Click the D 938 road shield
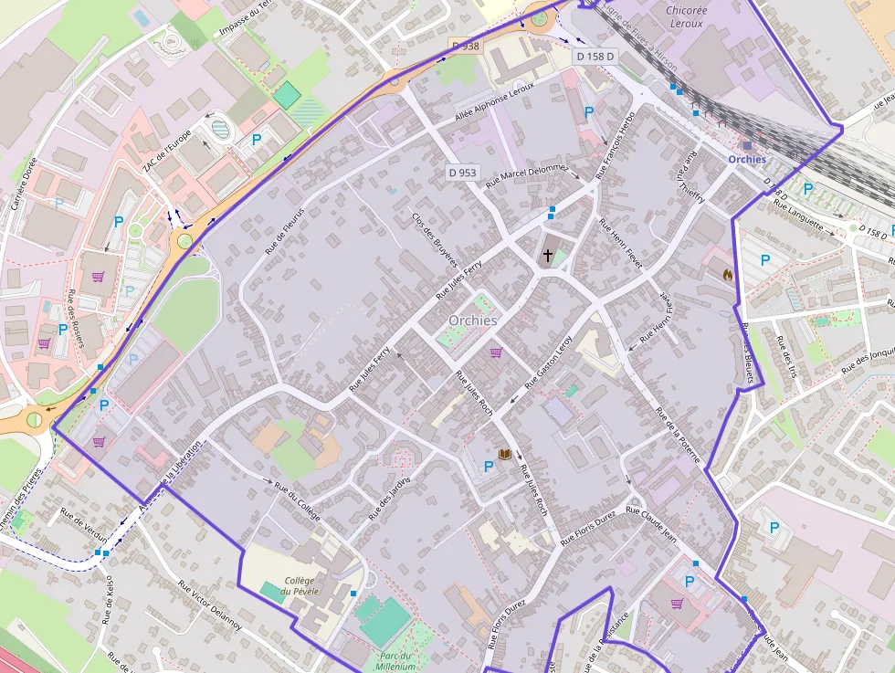tap(465, 45)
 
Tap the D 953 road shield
tap(463, 172)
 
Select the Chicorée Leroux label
tap(686, 17)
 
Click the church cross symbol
tap(548, 256)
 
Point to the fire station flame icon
tap(728, 272)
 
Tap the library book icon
tap(503, 454)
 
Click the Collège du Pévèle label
tap(300, 585)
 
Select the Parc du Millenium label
tap(395, 661)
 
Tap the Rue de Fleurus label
tap(284, 229)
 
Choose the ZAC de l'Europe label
tap(167, 151)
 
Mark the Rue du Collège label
tap(298, 500)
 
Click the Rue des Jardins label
tap(390, 499)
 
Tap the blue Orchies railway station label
tap(747, 159)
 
